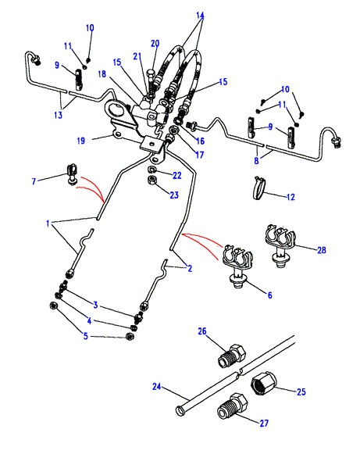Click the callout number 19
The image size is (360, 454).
81,141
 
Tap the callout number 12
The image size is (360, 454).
290,197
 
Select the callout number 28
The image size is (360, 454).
322,249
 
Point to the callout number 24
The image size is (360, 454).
156,387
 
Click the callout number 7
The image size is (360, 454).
34,181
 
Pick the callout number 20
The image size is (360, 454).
155,44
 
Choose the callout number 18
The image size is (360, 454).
102,73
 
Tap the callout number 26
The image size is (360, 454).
202,331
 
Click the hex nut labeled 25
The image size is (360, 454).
263,383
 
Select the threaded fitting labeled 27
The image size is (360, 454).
233,406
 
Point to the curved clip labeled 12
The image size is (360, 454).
259,188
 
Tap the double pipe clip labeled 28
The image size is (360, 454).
280,244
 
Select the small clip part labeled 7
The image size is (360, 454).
72,174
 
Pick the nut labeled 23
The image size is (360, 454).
152,181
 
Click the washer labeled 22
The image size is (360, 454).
151,170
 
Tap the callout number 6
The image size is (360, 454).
269,295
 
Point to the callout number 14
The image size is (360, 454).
200,15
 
